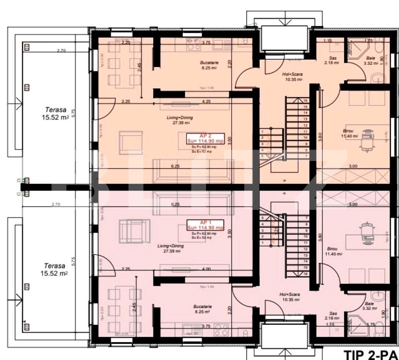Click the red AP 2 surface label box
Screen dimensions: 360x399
tap(205, 138)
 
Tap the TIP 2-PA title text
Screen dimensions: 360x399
tap(371, 354)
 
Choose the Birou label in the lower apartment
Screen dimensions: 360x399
tap(332, 251)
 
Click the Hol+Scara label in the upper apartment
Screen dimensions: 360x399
tap(292, 76)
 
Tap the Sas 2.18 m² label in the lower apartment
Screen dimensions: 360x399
tap(332, 315)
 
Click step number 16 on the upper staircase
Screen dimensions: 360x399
tap(306, 100)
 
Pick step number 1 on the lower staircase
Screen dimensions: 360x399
tap(262, 243)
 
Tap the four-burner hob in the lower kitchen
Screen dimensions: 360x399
tap(221, 329)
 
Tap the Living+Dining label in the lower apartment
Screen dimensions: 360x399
tap(169, 248)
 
